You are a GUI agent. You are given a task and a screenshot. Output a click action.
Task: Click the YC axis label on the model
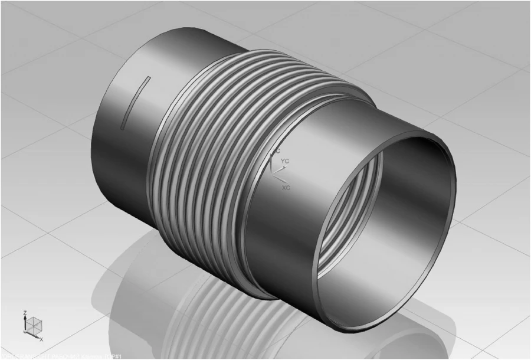tap(284, 161)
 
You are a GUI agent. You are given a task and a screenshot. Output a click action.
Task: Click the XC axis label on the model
tap(286, 187)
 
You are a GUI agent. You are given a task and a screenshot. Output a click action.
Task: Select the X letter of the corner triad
tap(42, 340)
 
